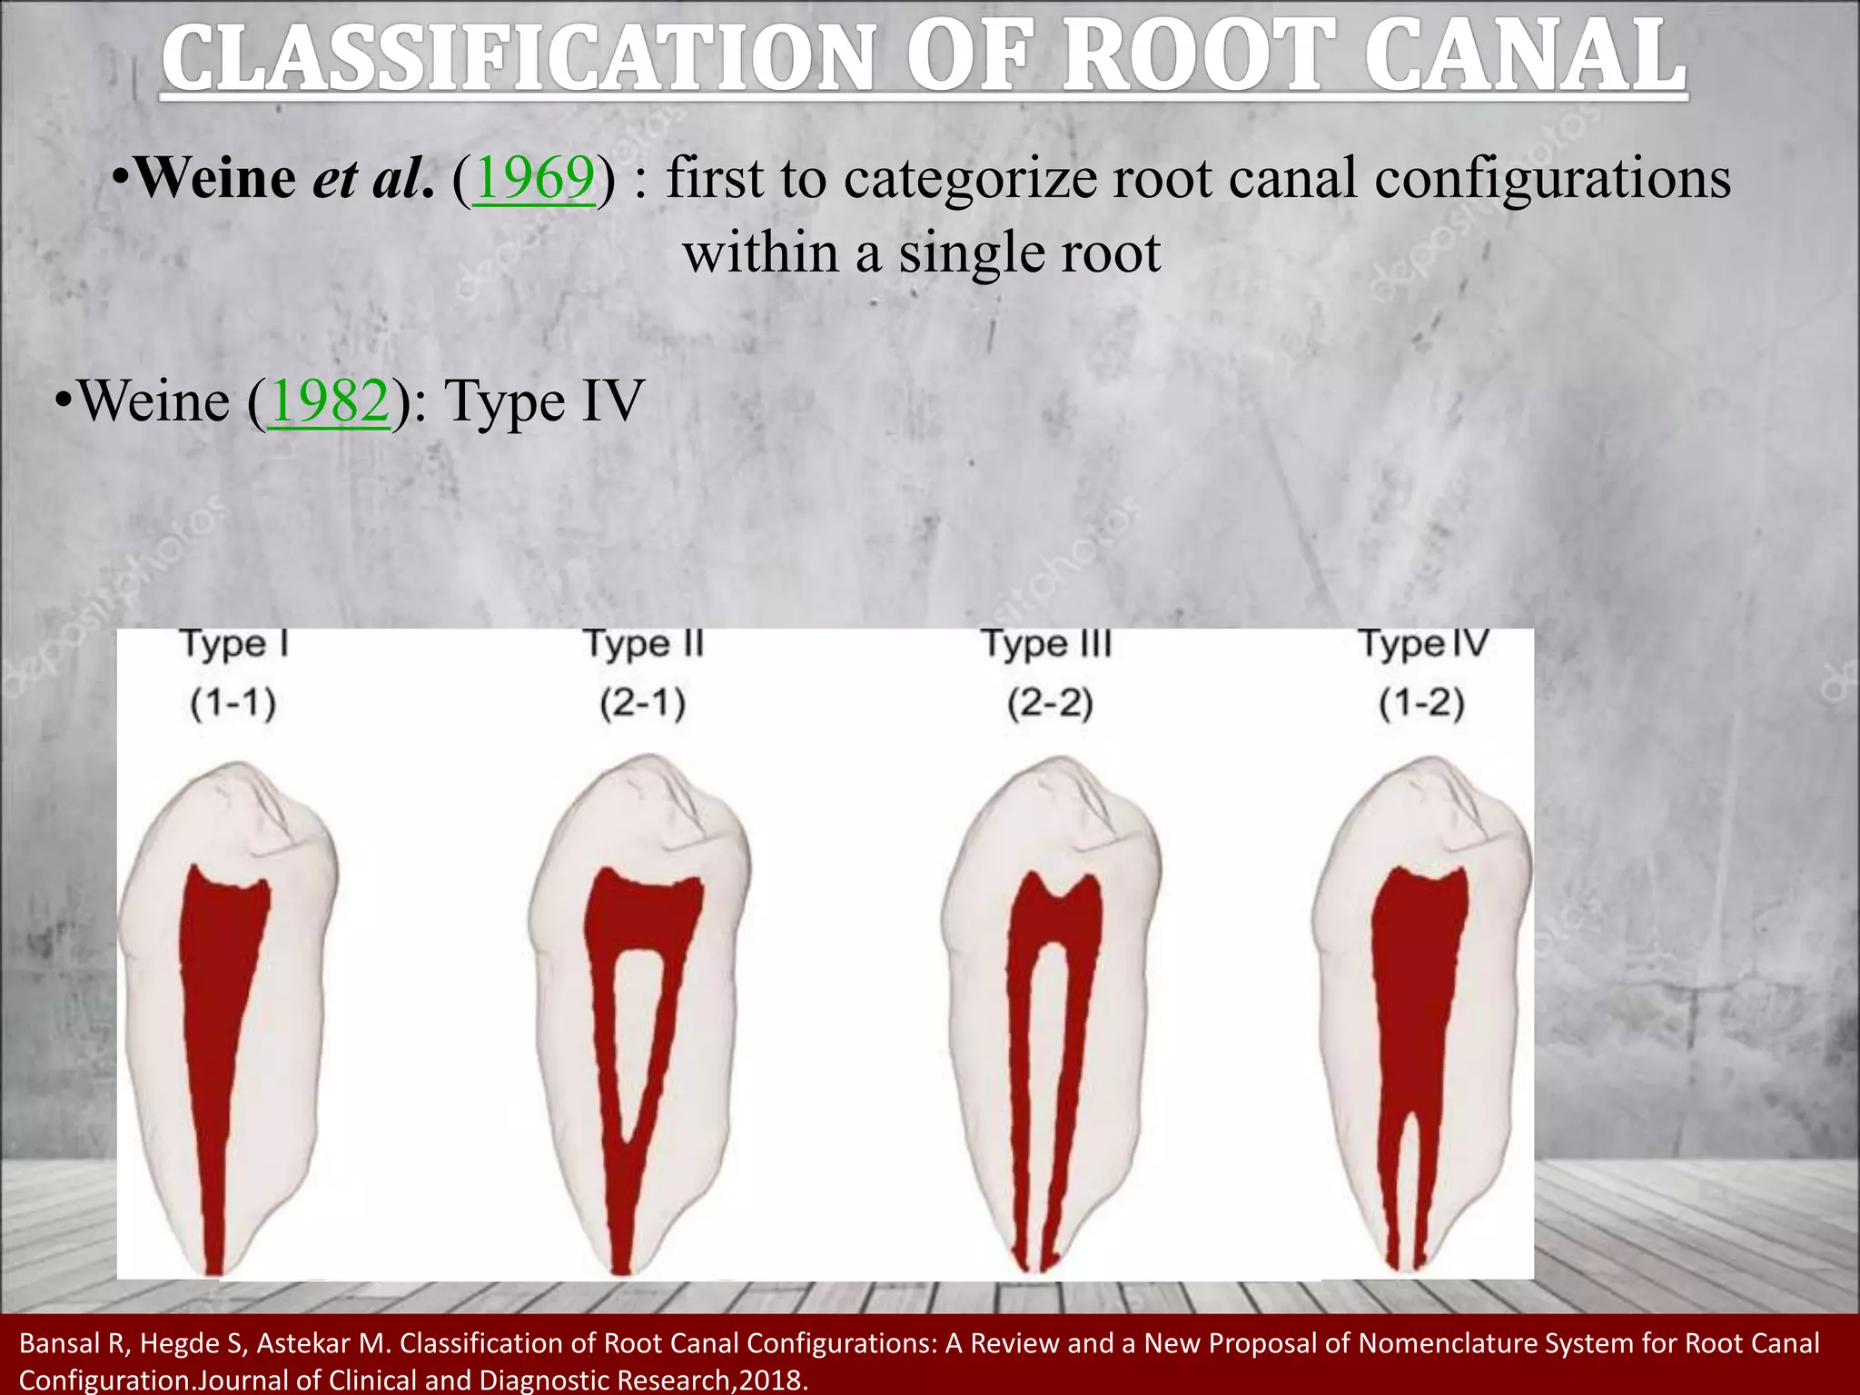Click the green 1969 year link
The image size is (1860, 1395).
coord(534,178)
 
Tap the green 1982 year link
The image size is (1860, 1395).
coord(329,401)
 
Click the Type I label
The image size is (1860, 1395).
coord(234,643)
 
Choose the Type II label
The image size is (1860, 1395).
coord(643,643)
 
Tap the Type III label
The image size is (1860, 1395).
coord(1047,643)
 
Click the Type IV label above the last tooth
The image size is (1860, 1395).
coord(1423,643)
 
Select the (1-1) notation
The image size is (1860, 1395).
coord(233,704)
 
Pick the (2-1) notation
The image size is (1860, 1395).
coord(642,704)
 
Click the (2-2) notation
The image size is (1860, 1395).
coord(1050,704)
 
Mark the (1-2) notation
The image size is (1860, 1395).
coord(1421,704)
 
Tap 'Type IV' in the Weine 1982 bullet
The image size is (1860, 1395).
coord(545,401)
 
